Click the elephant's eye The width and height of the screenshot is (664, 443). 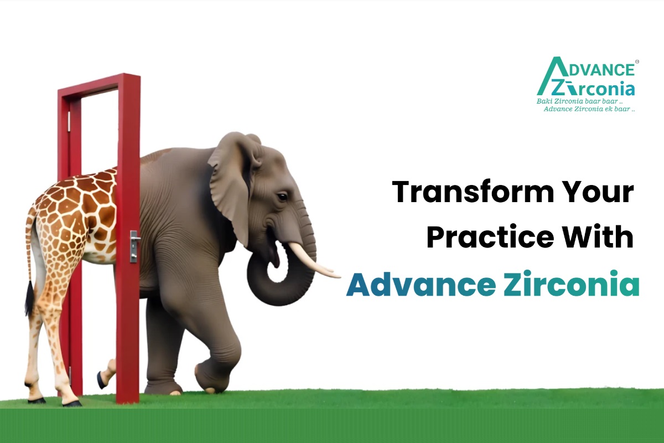(282, 197)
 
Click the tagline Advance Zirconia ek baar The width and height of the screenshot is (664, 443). (589, 109)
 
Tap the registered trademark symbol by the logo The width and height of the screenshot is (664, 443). (637, 61)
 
